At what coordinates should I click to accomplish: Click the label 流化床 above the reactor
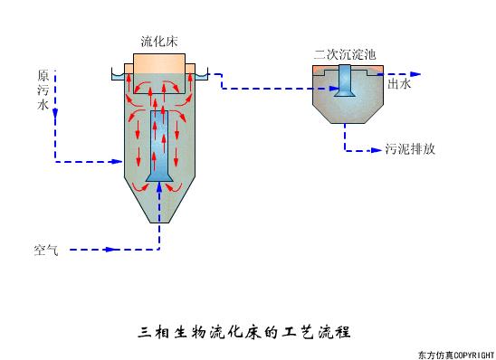159,41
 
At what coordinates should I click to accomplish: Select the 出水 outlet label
399,84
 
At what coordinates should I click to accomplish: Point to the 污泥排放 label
410,149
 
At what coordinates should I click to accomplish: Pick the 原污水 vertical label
43,90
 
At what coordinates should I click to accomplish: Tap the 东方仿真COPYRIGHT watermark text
455,353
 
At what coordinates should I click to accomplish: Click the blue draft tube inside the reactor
159,145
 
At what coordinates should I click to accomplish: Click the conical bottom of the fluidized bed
159,204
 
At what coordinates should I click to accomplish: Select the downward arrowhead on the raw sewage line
55,114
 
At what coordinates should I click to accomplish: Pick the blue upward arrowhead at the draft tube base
159,186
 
